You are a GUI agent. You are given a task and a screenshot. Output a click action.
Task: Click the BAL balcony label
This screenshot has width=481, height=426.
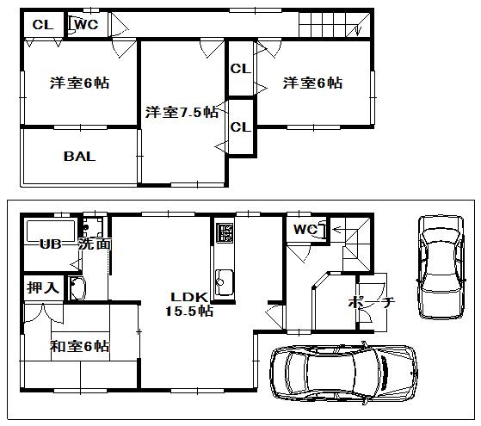point(78,157)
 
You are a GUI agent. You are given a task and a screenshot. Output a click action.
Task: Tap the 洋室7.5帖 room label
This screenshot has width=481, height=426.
point(181,112)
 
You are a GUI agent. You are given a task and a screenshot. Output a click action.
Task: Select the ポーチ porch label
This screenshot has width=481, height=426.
point(371,303)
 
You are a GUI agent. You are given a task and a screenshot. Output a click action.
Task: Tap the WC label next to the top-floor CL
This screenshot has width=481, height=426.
point(87,25)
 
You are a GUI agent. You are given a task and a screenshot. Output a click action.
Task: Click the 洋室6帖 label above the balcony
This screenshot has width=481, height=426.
point(78,83)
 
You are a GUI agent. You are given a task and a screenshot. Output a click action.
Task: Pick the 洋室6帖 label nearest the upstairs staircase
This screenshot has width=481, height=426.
point(311,83)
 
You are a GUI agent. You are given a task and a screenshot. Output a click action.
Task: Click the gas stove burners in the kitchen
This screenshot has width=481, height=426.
point(225,232)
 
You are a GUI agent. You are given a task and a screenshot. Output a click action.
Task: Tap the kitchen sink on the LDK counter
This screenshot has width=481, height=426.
point(225,280)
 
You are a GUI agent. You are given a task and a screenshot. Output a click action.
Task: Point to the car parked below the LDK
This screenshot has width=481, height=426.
point(342,373)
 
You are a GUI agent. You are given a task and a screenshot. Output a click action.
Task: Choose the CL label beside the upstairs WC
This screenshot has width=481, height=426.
point(41,25)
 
